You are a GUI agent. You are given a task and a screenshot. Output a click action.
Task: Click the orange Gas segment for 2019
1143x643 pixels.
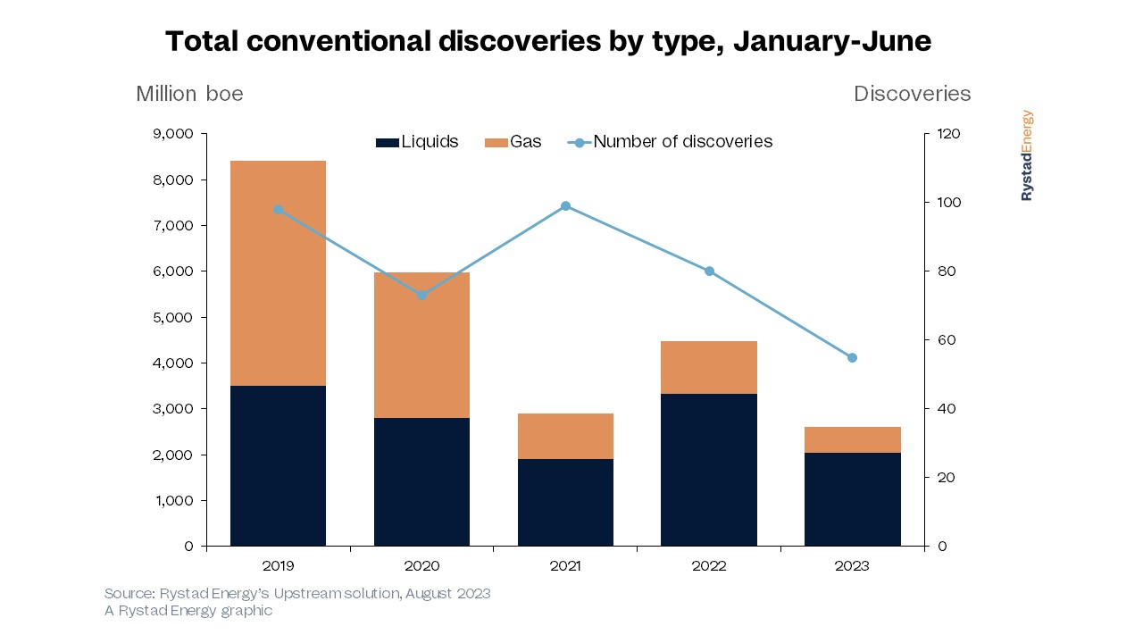pyautogui.click(x=278, y=273)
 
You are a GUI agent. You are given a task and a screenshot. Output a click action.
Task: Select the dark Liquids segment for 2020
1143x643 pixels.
pyautogui.click(x=421, y=481)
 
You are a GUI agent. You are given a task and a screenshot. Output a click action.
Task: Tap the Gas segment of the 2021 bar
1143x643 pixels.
pyautogui.click(x=565, y=436)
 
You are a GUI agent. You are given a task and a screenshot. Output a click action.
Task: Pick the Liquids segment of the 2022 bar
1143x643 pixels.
pyautogui.click(x=709, y=470)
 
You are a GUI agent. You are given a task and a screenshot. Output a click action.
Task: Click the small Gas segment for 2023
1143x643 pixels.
pyautogui.click(x=852, y=439)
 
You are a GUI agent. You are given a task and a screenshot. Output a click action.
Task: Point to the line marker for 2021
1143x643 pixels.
pyautogui.click(x=565, y=206)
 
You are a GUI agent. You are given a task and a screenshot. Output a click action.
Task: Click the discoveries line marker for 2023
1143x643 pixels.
pyautogui.click(x=852, y=357)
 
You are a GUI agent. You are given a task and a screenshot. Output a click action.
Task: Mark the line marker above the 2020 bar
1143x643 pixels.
pyautogui.click(x=421, y=295)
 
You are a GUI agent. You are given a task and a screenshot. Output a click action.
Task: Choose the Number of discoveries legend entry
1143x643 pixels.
pyautogui.click(x=671, y=142)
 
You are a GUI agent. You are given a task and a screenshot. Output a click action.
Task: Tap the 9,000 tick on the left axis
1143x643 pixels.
pyautogui.click(x=174, y=134)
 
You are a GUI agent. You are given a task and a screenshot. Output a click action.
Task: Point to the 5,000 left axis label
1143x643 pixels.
pyautogui.click(x=174, y=317)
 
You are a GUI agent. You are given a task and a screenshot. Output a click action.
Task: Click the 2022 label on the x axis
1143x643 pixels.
pyautogui.click(x=709, y=566)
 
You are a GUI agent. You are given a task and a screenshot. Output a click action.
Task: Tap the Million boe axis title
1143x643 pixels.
pyautogui.click(x=189, y=94)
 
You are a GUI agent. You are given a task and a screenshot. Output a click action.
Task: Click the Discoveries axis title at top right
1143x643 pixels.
pyautogui.click(x=912, y=94)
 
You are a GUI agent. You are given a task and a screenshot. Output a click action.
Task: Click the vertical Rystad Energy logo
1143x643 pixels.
pyautogui.click(x=1027, y=155)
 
